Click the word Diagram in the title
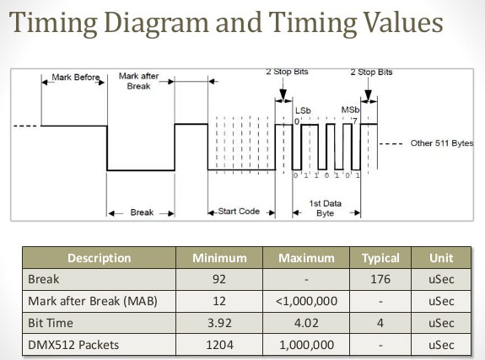coord(156,24)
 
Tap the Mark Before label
coord(76,78)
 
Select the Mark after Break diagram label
coord(138,81)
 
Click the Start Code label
coord(239,212)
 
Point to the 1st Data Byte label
coord(326,208)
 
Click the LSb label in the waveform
coord(303,110)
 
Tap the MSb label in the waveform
coord(350,110)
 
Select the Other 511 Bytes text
coord(442,143)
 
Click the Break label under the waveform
coord(142,212)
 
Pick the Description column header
coord(100,258)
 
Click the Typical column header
coord(380,258)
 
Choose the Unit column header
coord(441,258)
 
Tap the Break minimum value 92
coord(219,279)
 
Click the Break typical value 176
coord(380,279)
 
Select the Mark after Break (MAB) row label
coord(93,301)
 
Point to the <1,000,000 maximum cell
coord(306,301)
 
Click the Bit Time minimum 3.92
coord(219,323)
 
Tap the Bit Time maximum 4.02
coord(306,323)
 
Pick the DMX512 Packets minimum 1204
coord(219,345)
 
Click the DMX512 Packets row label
coord(73,345)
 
